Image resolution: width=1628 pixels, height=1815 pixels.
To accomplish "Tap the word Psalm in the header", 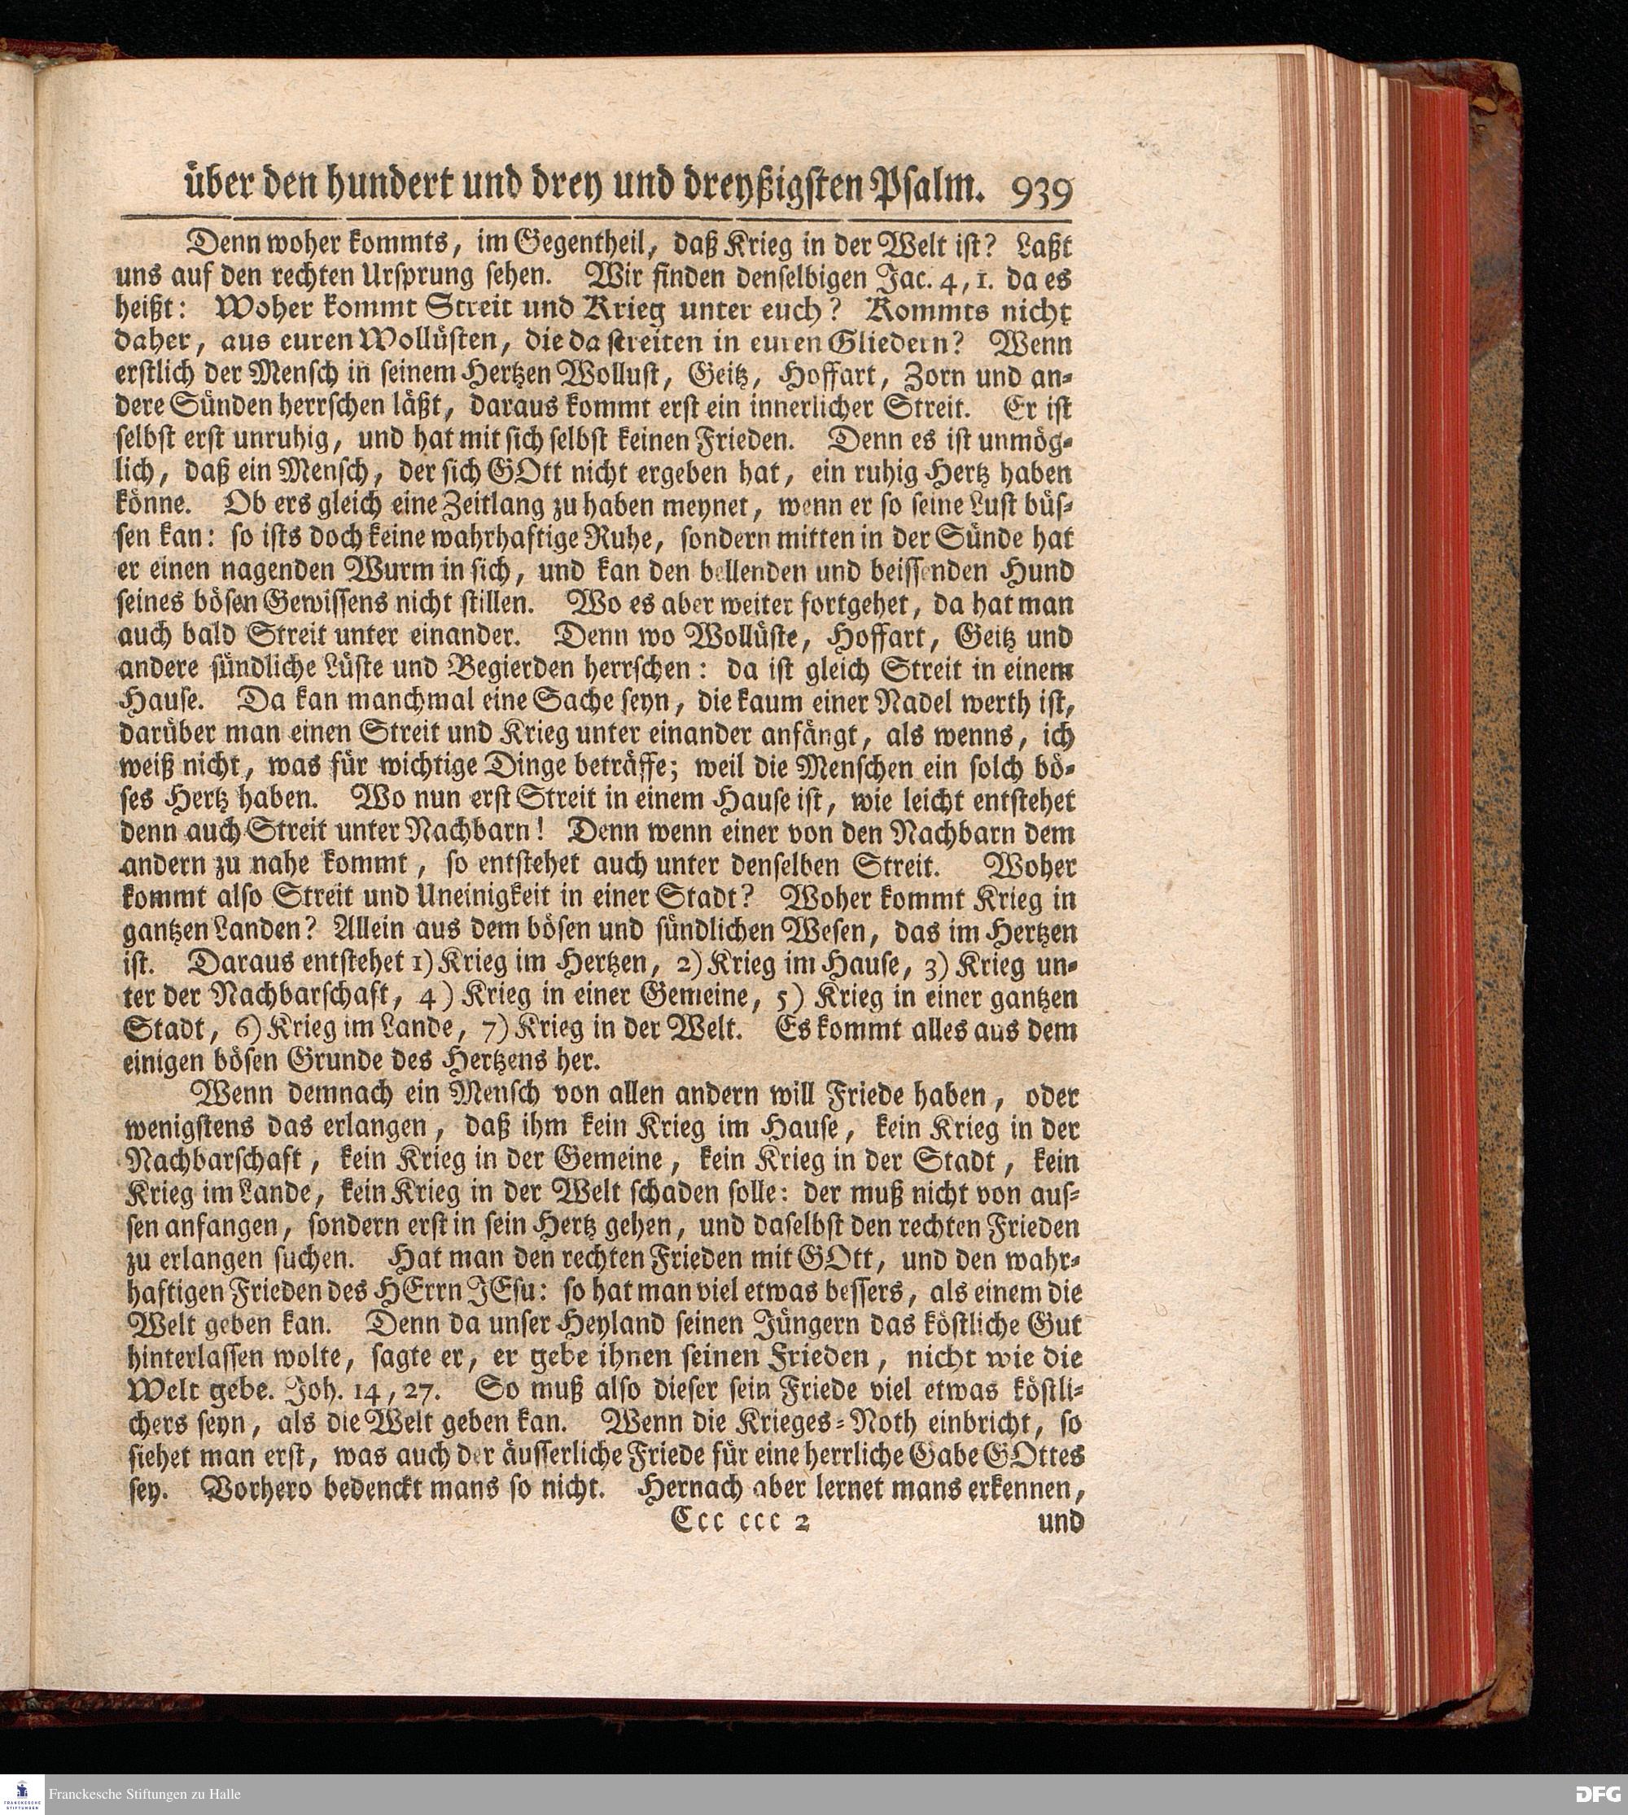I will click(x=943, y=189).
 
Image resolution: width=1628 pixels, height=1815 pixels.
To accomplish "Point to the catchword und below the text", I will click(x=1061, y=1520).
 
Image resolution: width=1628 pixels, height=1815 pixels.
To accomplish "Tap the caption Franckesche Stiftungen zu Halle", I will click(x=145, y=1794).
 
